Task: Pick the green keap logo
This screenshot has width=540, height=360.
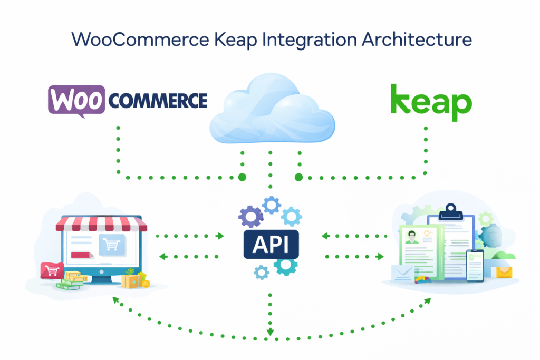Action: pyautogui.click(x=431, y=102)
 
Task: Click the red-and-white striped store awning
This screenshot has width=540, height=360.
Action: pyautogui.click(x=102, y=225)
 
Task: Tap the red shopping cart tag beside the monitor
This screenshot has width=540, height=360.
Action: pyautogui.click(x=52, y=271)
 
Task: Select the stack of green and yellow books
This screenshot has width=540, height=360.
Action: pyautogui.click(x=70, y=281)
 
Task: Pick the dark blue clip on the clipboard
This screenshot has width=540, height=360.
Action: pyautogui.click(x=450, y=210)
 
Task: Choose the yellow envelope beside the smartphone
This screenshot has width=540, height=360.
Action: pyautogui.click(x=502, y=271)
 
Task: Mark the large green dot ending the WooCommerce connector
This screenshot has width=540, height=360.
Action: pyautogui.click(x=242, y=177)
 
